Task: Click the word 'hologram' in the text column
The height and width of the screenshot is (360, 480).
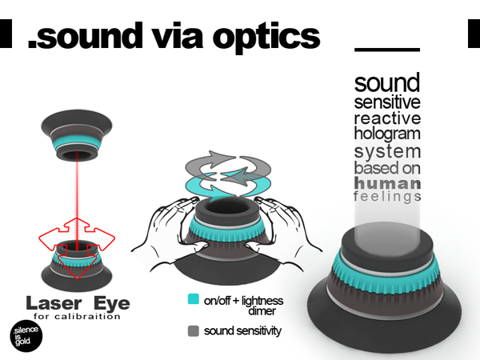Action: (387, 134)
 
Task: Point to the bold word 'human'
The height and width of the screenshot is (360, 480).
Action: (387, 183)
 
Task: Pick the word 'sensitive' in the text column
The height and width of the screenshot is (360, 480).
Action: (387, 102)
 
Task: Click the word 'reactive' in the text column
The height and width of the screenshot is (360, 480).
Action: (387, 118)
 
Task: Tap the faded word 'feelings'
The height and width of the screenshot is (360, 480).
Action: (387, 197)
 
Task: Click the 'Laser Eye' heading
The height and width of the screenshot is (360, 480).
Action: (77, 303)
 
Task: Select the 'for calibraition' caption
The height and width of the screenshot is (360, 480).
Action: (77, 317)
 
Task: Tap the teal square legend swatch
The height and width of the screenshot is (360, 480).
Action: (193, 300)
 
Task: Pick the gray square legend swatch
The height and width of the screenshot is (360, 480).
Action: (193, 330)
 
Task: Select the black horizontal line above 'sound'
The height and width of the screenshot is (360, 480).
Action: (386, 50)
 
